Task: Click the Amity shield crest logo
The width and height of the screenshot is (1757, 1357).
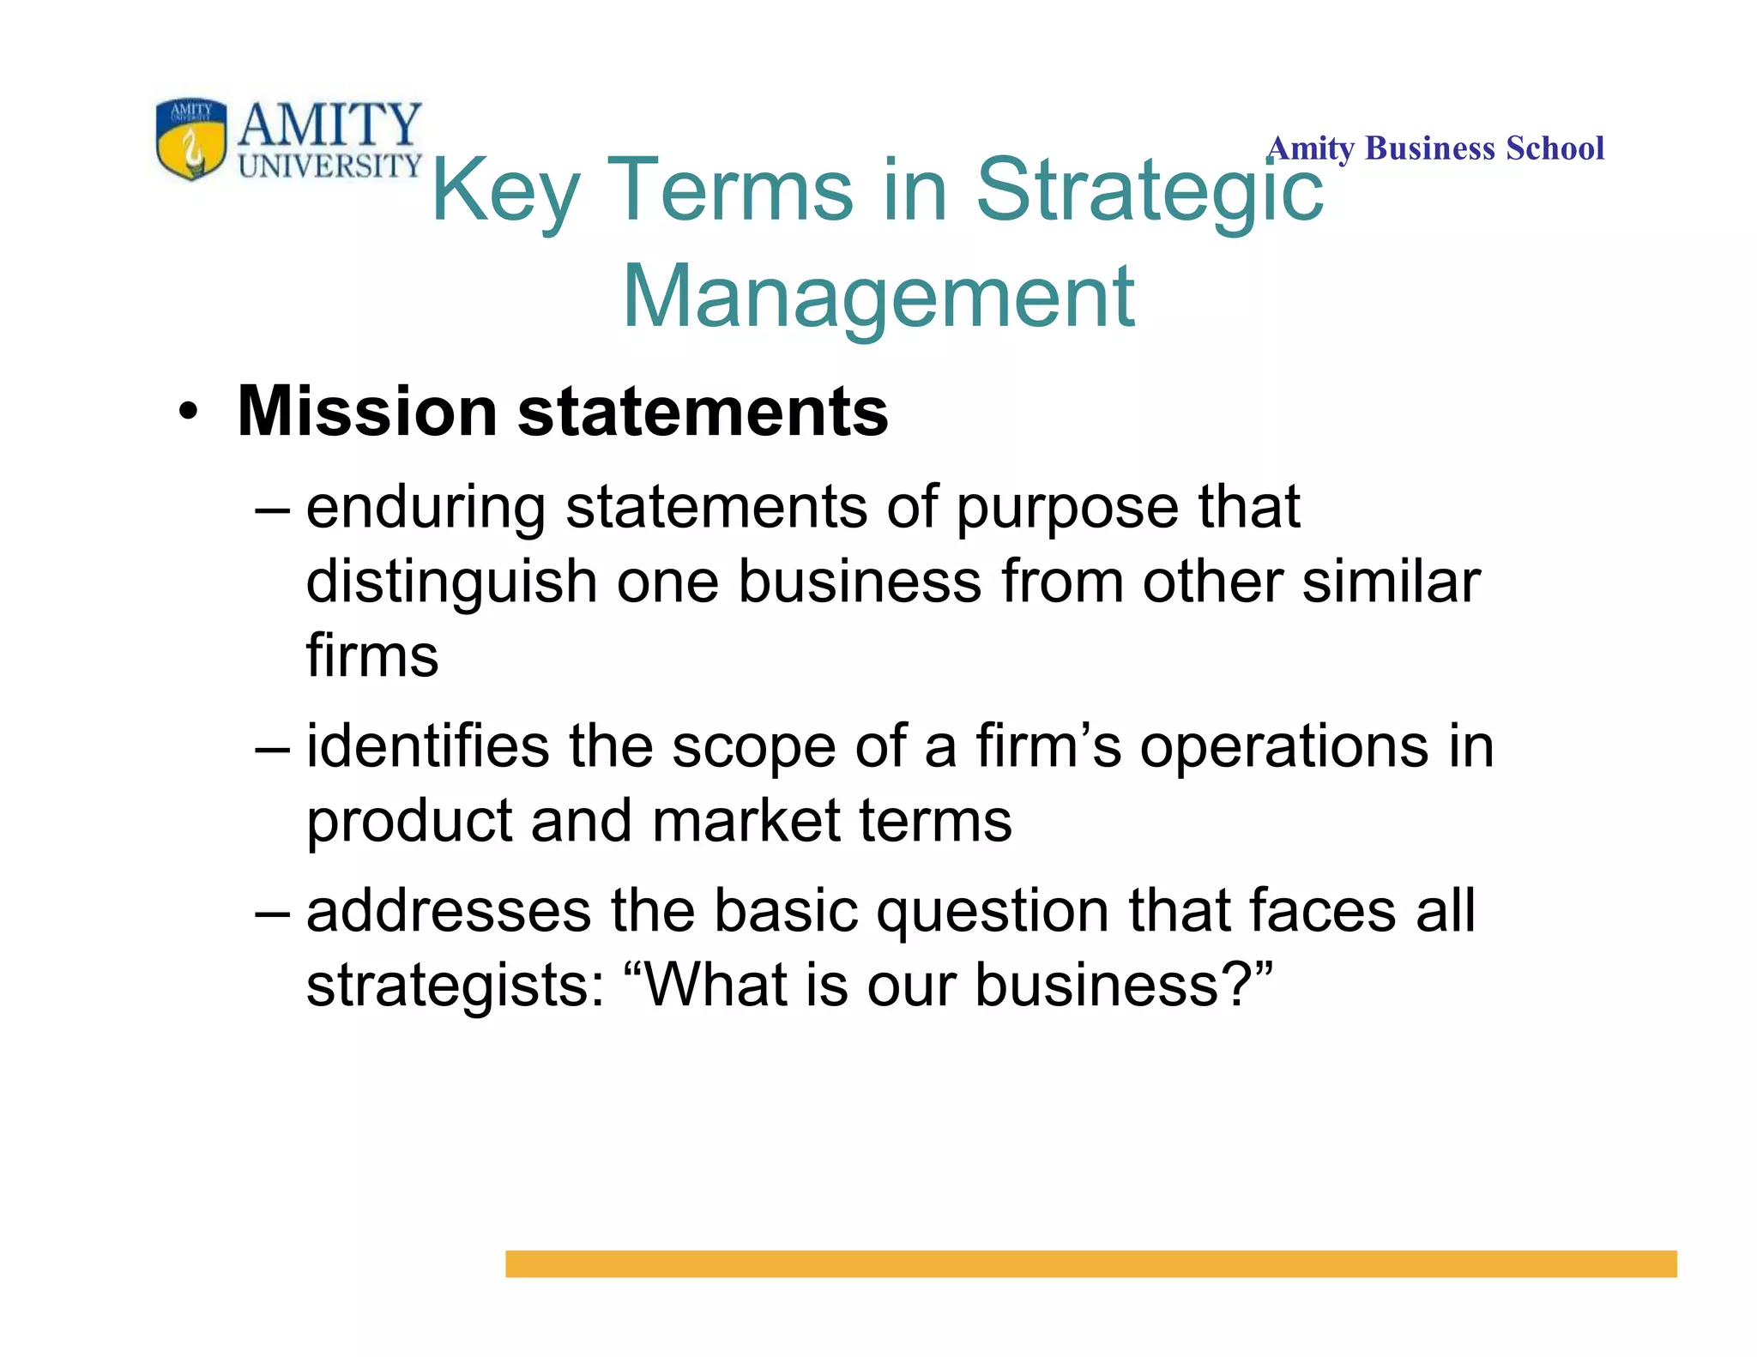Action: click(191, 137)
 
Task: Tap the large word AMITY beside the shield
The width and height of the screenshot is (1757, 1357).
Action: click(330, 125)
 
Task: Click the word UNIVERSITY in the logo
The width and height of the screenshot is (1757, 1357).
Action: click(330, 166)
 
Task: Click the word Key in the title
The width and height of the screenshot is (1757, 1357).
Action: click(505, 190)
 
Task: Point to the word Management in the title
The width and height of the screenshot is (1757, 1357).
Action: click(878, 296)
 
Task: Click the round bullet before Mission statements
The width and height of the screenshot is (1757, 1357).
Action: click(188, 413)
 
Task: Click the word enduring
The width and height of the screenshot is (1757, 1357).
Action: click(426, 508)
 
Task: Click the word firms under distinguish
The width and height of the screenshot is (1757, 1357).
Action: click(372, 656)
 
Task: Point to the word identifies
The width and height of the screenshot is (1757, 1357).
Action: click(427, 745)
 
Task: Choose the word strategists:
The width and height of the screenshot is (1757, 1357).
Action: click(456, 985)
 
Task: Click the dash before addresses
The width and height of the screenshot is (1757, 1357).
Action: click(273, 913)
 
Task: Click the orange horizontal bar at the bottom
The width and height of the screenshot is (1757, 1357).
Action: click(1090, 1264)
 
